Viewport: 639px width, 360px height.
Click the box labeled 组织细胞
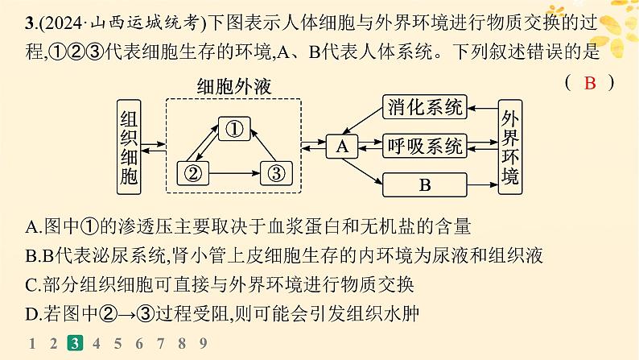pos(129,147)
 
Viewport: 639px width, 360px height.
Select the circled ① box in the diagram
pos(234,129)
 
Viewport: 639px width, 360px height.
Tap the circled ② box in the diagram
pos(193,173)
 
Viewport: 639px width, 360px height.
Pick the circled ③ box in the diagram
pos(276,173)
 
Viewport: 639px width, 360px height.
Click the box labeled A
pos(342,147)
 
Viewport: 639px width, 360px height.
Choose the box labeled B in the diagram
pos(425,184)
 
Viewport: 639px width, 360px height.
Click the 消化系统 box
pos(425,107)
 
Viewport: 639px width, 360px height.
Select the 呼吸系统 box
pos(425,146)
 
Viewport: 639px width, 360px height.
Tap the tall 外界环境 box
pos(510,147)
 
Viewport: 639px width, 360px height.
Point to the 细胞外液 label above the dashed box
pos(234,87)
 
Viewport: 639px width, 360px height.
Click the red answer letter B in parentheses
pos(590,83)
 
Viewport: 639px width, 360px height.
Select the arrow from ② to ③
pos(235,173)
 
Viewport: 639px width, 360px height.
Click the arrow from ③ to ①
pos(263,145)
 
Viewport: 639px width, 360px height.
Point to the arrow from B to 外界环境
pos(483,184)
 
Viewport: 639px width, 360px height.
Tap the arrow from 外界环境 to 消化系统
pos(483,109)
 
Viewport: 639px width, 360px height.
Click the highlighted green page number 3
pos(75,343)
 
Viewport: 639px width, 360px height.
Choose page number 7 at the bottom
pos(160,343)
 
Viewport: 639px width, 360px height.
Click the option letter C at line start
pos(31,285)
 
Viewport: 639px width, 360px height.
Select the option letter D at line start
pos(31,314)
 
